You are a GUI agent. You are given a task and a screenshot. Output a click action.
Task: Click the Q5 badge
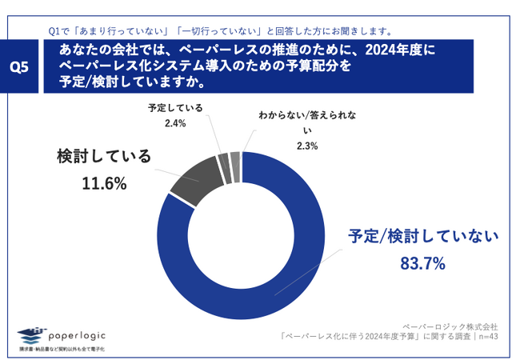[18, 67]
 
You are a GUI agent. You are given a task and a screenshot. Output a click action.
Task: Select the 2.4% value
[174, 123]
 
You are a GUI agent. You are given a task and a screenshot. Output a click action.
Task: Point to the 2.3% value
[307, 146]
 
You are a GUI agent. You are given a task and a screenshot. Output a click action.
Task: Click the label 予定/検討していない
[422, 236]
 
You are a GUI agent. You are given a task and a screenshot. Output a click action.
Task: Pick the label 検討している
[104, 156]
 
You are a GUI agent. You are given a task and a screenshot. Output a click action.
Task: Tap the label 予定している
[174, 108]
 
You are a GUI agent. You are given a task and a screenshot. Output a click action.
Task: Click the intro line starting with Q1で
[219, 31]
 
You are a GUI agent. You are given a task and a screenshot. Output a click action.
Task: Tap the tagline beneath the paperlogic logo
[62, 350]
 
